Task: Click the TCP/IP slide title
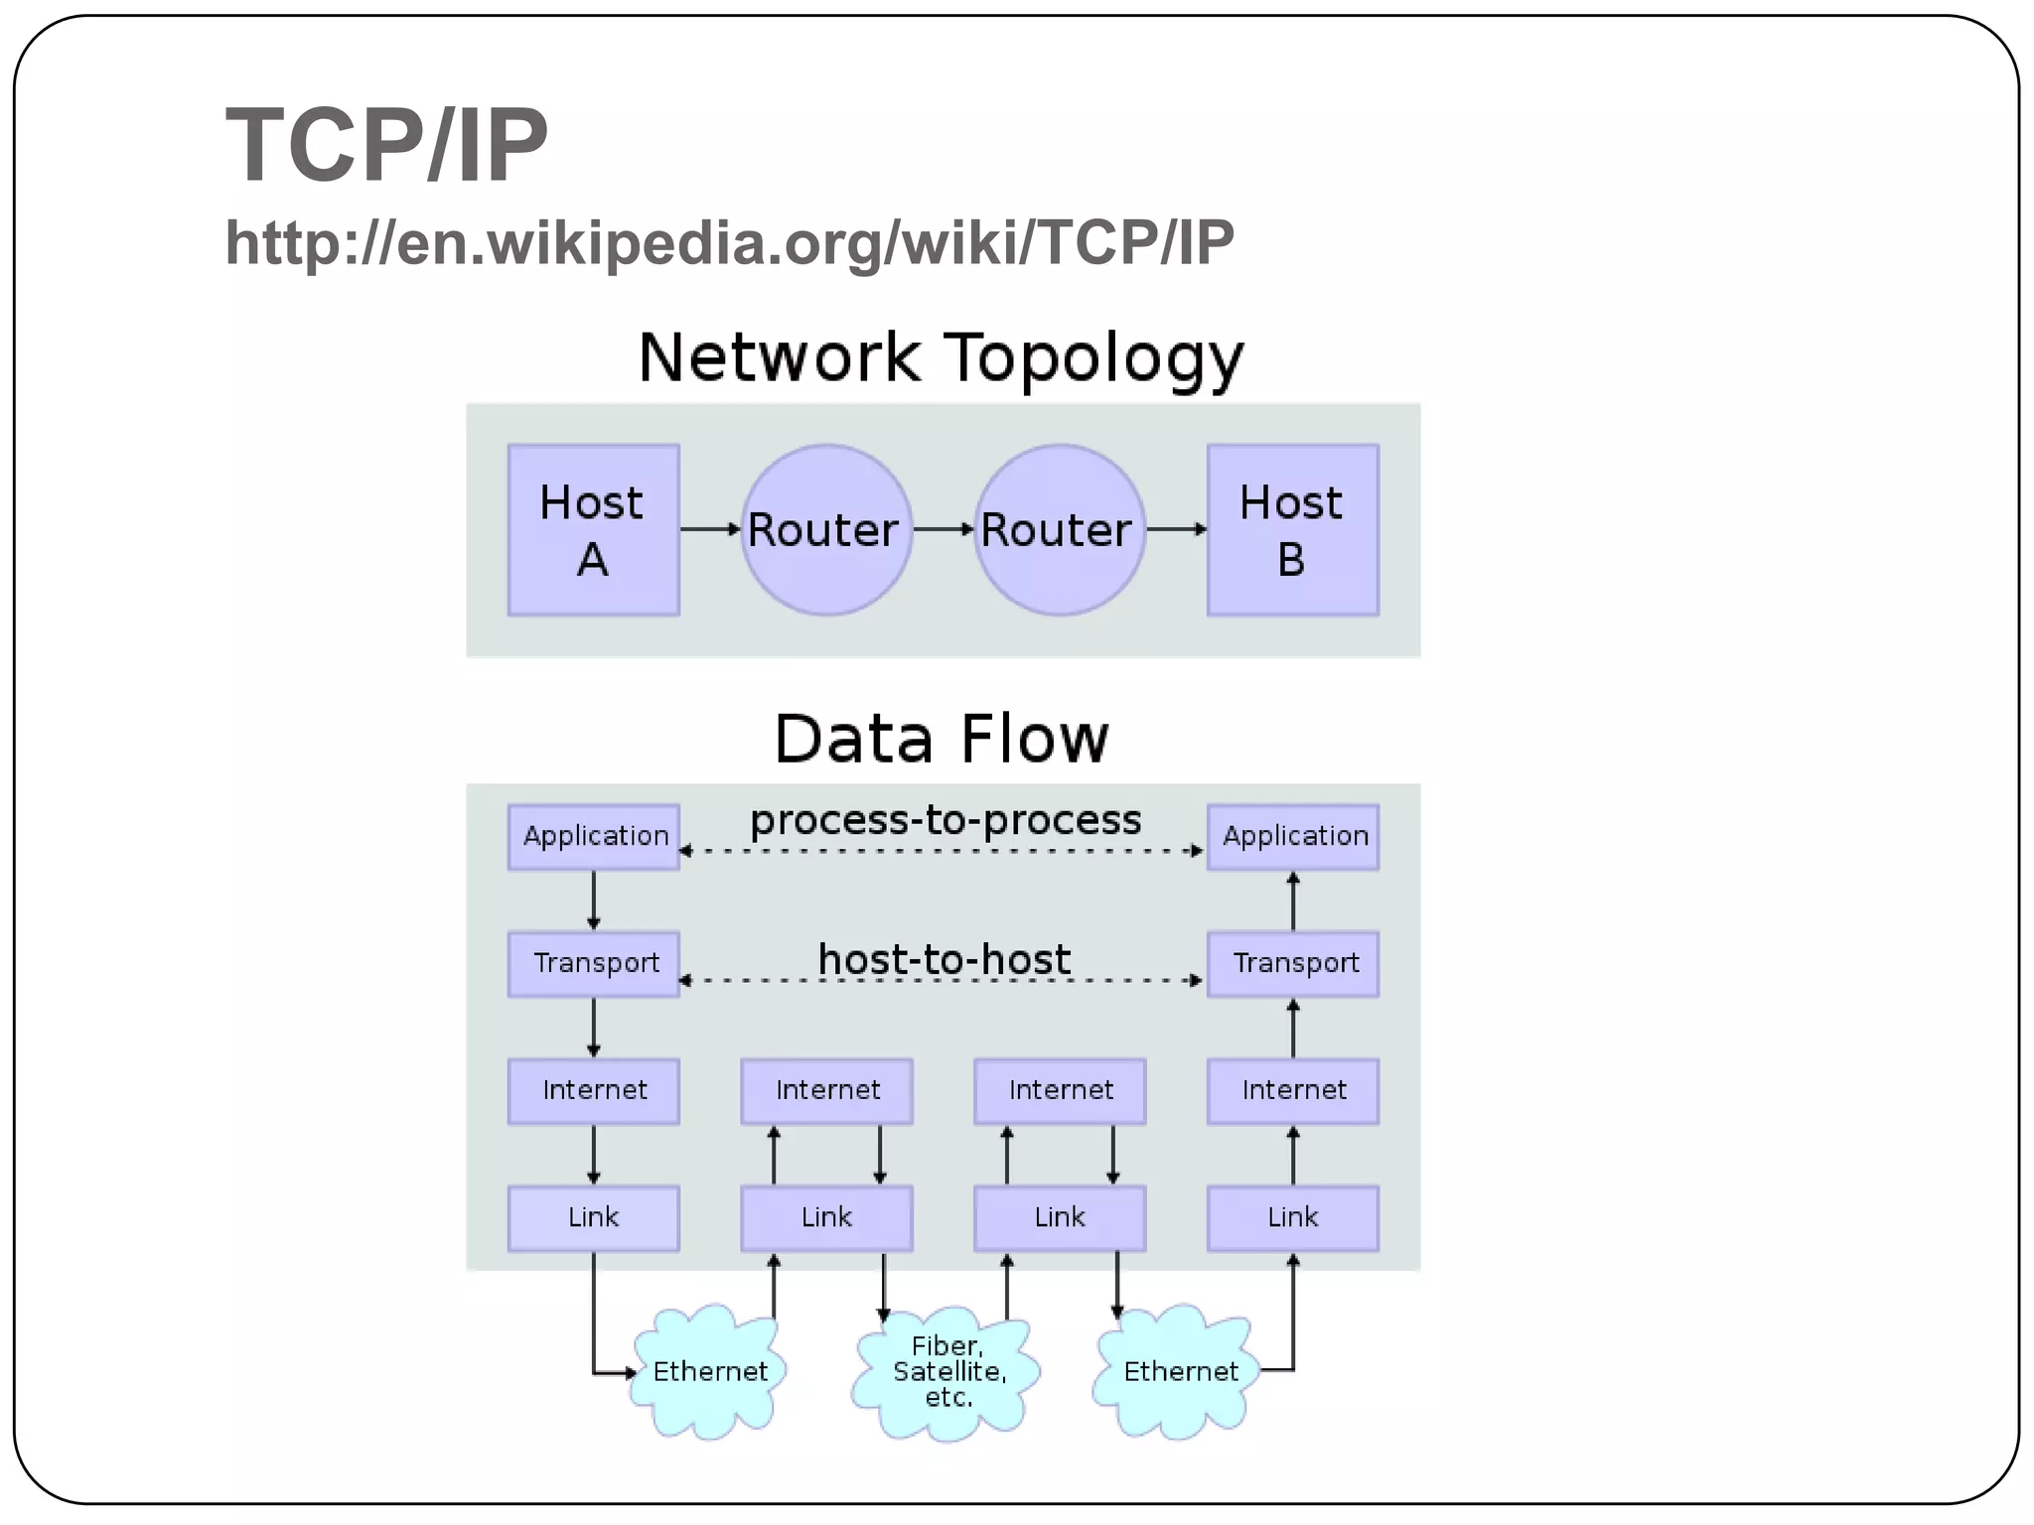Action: coord(386,146)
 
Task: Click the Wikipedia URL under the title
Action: coord(729,242)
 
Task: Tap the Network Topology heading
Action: coord(940,357)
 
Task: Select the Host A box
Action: coord(593,530)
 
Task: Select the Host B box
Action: coord(1292,530)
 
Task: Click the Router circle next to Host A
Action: coord(825,530)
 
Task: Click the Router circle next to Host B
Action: coord(1059,530)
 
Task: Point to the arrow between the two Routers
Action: coord(943,529)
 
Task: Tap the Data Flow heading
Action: coord(940,740)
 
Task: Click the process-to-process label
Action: coord(944,821)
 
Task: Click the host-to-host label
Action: coord(944,960)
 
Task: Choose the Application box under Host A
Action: coord(594,837)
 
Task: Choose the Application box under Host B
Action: coord(1293,837)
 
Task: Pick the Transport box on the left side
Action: coord(594,963)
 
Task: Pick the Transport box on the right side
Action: coord(1293,963)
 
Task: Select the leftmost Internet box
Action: coord(594,1090)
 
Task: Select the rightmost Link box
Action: coord(1293,1217)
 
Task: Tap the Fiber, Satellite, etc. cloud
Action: coord(947,1372)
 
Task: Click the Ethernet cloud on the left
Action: coord(709,1372)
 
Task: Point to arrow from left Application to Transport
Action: coord(594,901)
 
